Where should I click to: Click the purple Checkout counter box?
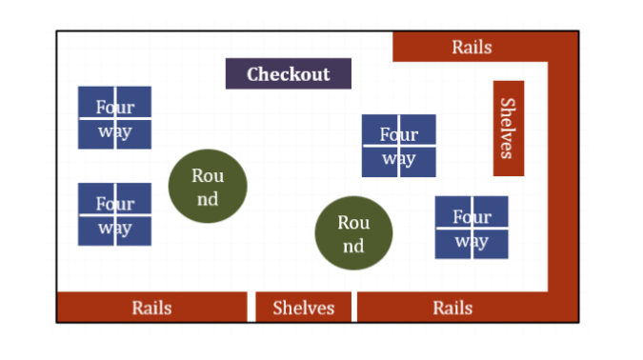click(x=288, y=73)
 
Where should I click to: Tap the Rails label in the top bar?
click(x=472, y=47)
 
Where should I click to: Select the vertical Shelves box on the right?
click(x=508, y=128)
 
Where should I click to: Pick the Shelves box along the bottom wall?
click(x=304, y=308)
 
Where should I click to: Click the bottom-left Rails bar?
click(x=151, y=308)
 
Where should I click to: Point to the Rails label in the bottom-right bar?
click(x=452, y=308)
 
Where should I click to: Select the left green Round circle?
click(x=208, y=187)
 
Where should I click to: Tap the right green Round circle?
click(x=353, y=234)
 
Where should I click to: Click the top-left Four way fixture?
click(x=114, y=118)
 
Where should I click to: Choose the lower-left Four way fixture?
click(x=114, y=214)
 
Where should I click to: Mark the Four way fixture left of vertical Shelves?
click(x=398, y=146)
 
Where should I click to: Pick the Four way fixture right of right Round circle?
click(x=472, y=228)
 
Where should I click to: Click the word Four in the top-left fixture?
click(x=114, y=107)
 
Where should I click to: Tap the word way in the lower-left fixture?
click(x=114, y=228)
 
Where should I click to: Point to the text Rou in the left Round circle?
click(x=208, y=175)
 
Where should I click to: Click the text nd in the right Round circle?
click(x=353, y=247)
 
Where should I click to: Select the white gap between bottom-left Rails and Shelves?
click(x=251, y=308)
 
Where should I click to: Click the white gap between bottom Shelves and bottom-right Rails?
click(x=353, y=308)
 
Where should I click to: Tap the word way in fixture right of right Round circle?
click(x=472, y=240)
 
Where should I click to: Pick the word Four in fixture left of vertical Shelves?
click(x=398, y=134)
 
